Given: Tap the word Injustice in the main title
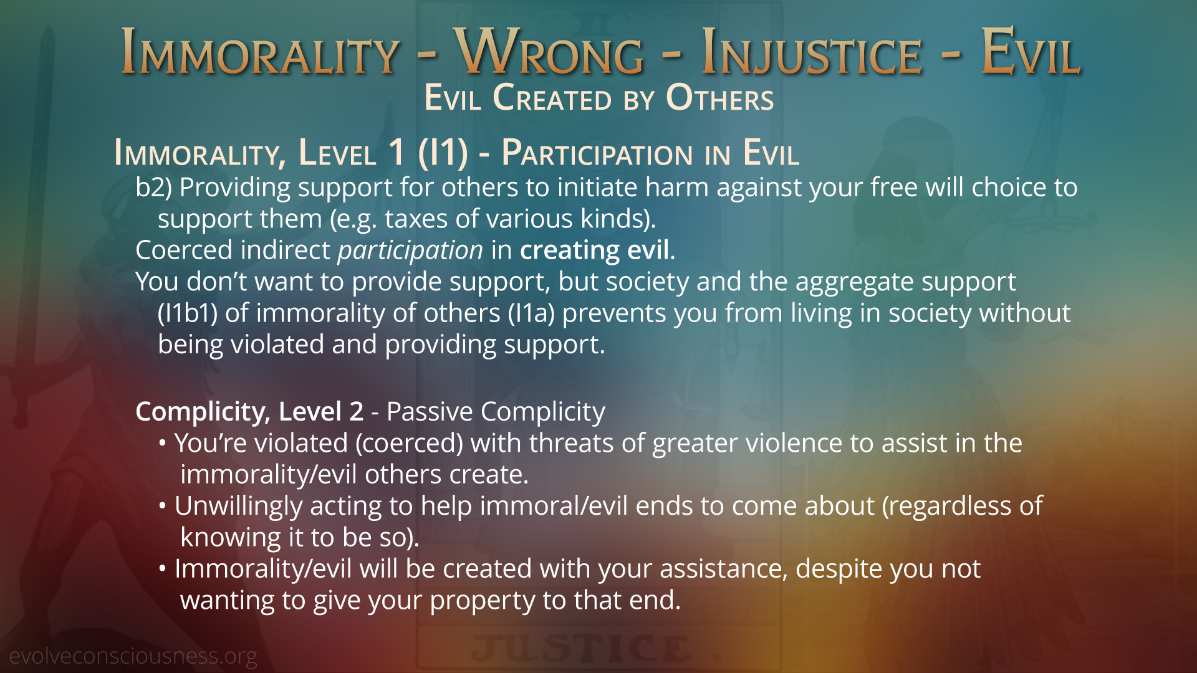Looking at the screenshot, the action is point(811,52).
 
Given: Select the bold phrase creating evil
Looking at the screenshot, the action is point(595,251).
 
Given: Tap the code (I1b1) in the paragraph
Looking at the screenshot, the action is point(188,313).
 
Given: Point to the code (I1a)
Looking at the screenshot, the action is point(532,313).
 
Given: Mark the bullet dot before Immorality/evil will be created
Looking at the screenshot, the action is point(163,568).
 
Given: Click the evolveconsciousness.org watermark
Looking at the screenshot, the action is point(133,656).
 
